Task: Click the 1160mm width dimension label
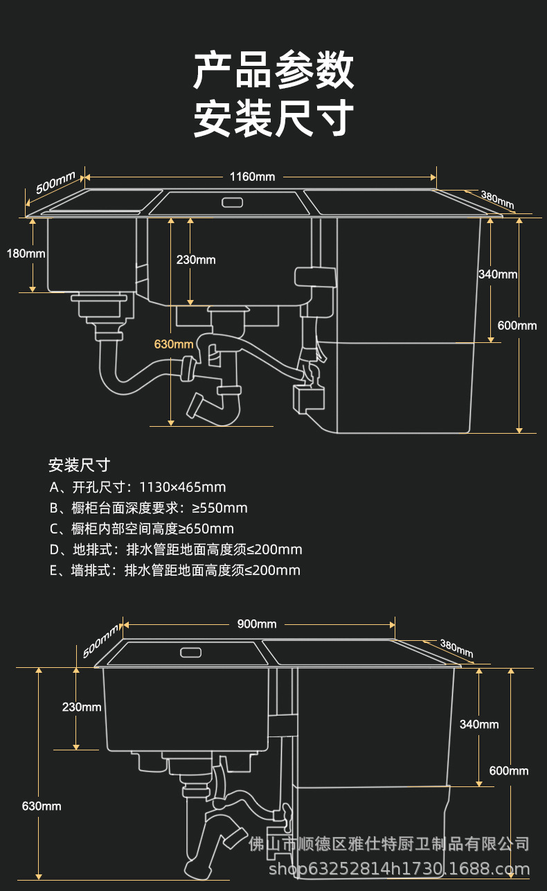[x=253, y=177]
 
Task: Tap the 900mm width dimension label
[x=257, y=624]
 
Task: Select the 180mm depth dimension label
[x=26, y=254]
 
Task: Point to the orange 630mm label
[x=174, y=344]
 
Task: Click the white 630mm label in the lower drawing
[x=42, y=806]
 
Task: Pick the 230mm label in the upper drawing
[x=196, y=260]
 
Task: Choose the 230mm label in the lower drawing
[x=82, y=707]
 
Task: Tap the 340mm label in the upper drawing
[x=498, y=274]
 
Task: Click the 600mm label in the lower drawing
[x=509, y=771]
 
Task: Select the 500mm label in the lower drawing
[x=101, y=641]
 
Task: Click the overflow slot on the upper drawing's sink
[x=232, y=202]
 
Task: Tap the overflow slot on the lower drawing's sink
[x=191, y=653]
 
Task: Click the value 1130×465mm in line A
[x=183, y=487]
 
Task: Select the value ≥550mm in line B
[x=219, y=508]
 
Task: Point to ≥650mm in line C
[x=206, y=529]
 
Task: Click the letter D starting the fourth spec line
[x=55, y=549]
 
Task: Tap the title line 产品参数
[x=273, y=71]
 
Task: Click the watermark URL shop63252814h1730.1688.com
[x=399, y=869]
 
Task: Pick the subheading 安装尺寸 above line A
[x=79, y=465]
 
